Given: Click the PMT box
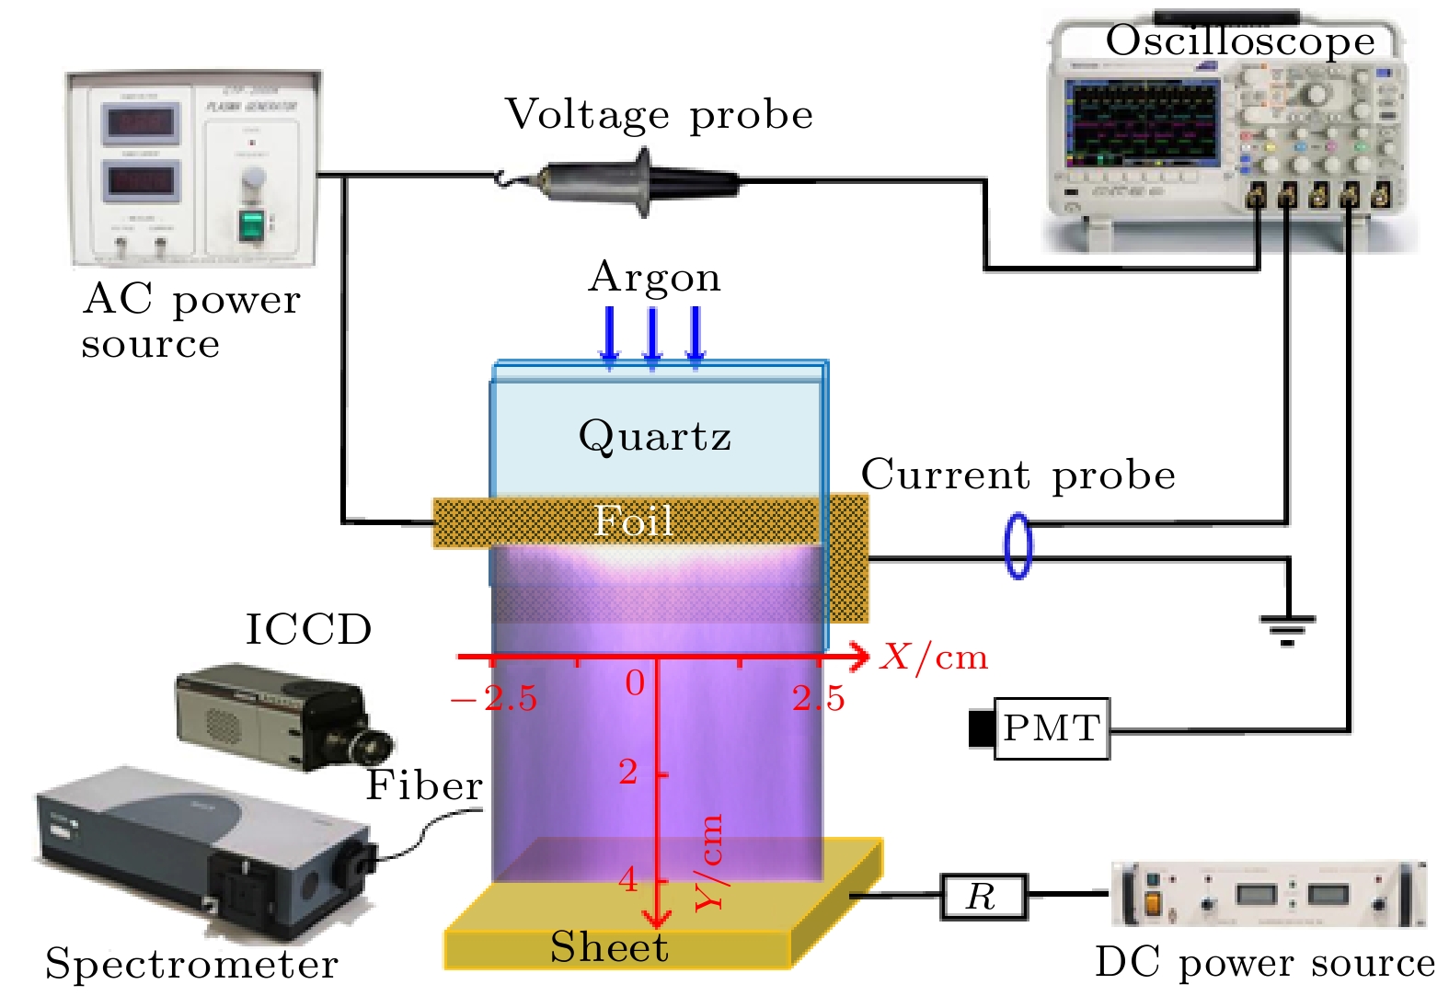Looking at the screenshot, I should pos(1052,728).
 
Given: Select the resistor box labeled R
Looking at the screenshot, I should pos(983,896).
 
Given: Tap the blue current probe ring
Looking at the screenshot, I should pos(1018,545).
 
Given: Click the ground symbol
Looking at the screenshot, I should pos(1287,629).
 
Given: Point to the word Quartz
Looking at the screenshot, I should pos(654,436).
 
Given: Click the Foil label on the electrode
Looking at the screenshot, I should pos(633,521).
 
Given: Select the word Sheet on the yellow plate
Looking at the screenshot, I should pos(609,947).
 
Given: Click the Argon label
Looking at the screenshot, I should pos(654,277).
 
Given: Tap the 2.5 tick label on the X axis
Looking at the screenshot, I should pos(818,699).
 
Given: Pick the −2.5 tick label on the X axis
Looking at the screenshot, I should pos(494,699).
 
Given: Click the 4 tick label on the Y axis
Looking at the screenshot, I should pos(628,880).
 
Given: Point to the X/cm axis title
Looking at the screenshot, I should pos(933,657).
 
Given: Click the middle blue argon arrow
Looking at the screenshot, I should pos(652,337).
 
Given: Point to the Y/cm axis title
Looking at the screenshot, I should pos(710,863).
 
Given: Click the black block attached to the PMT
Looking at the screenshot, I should pos(982,728).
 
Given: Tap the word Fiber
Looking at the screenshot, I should pos(424,785).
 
